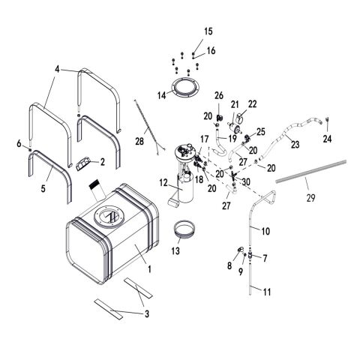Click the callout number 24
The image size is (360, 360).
click(327, 139)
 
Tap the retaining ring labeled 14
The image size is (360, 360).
click(184, 88)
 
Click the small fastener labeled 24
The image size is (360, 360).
click(328, 119)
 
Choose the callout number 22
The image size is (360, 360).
click(252, 103)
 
